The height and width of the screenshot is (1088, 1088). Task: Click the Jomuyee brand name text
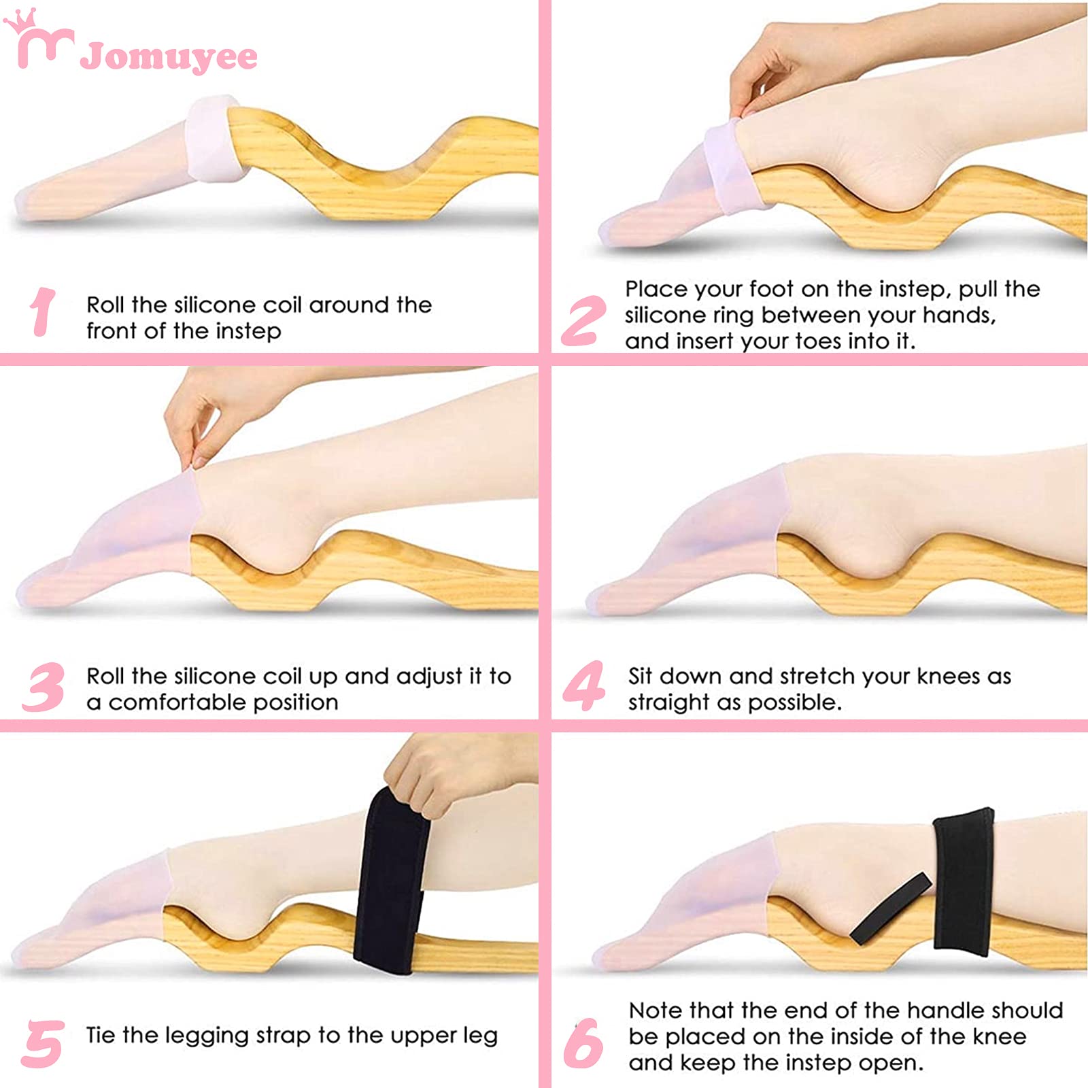point(169,57)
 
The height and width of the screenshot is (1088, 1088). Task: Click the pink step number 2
point(583,320)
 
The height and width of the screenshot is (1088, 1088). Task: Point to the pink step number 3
point(44,687)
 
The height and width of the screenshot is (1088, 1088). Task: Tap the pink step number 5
point(43,1043)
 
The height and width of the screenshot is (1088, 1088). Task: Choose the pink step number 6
point(583,1043)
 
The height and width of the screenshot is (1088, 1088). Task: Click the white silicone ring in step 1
point(212,139)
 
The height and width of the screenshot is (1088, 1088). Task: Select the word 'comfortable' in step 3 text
point(177,702)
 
